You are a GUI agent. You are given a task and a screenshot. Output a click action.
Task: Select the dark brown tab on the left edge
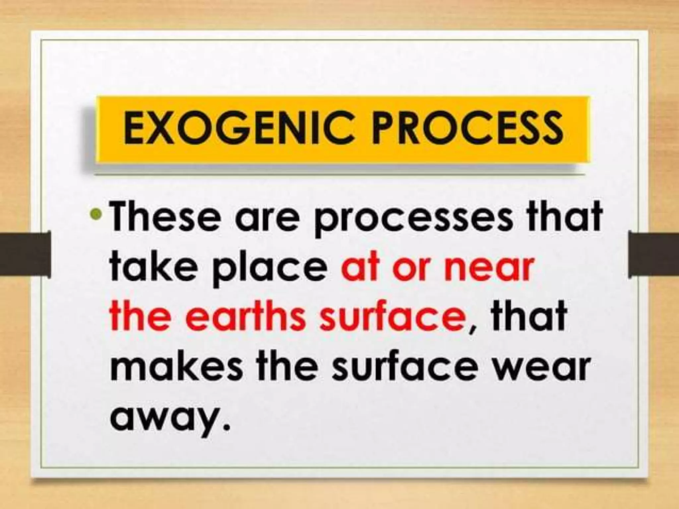click(x=25, y=254)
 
